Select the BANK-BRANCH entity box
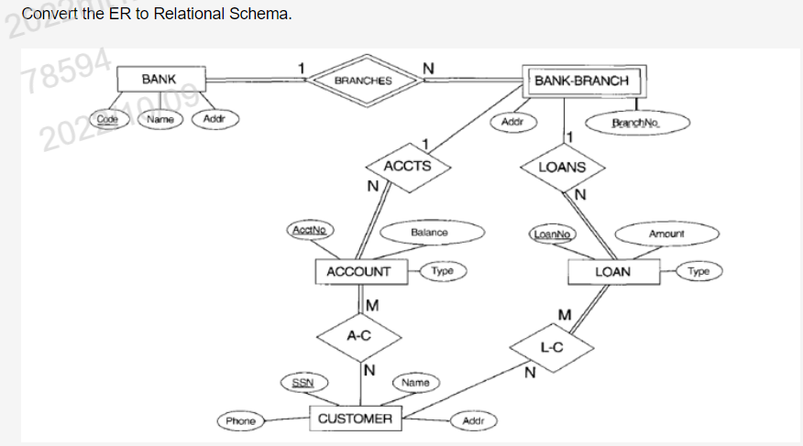pos(582,81)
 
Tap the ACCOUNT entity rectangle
pos(358,272)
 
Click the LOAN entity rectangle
pos(613,272)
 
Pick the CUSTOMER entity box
pos(355,419)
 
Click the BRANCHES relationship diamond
pos(363,81)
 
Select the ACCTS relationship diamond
pos(399,167)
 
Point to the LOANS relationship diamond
pos(560,168)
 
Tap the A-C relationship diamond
pos(358,336)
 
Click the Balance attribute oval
pos(429,233)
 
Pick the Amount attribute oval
pos(666,234)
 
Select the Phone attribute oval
pos(241,420)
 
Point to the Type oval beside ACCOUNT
pos(442,271)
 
